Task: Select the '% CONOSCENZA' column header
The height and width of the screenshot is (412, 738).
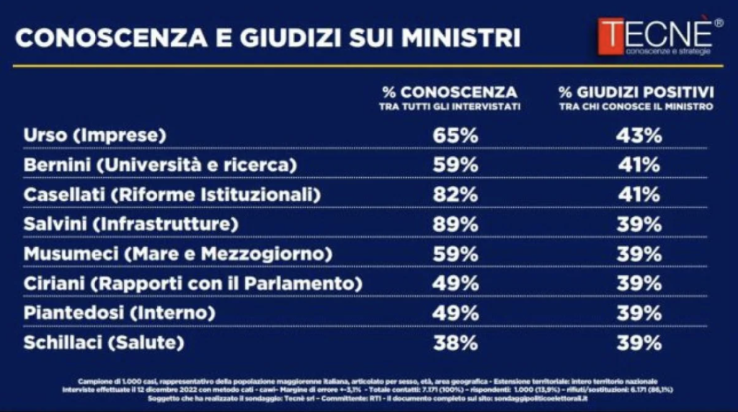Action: coord(450,92)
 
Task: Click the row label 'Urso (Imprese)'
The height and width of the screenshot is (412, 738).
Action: coord(95,135)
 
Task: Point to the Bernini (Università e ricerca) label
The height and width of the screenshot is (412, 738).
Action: coord(160,165)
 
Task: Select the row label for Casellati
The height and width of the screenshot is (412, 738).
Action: coord(172,194)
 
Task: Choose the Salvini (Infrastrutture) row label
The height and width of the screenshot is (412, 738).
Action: coord(130,224)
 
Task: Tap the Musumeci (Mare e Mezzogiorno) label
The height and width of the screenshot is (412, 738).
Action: coord(177,254)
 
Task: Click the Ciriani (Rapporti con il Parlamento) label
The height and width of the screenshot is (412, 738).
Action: coord(192,283)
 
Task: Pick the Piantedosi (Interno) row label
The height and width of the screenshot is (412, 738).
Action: coord(120,313)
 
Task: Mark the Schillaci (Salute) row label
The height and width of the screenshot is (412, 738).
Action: coord(104,342)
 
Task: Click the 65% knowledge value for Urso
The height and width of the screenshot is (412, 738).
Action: coord(455,135)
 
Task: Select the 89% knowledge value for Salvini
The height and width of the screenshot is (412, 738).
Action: coord(455,224)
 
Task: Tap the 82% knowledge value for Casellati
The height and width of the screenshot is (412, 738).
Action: coord(455,194)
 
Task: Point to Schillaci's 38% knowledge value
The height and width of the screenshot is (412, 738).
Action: coord(455,342)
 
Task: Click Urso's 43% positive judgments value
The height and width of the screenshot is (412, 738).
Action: coord(639,135)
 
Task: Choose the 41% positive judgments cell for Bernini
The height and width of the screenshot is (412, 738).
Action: coord(639,165)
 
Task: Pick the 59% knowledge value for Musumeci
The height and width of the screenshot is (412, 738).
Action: coord(455,254)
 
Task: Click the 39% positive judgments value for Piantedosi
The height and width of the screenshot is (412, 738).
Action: coord(639,313)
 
